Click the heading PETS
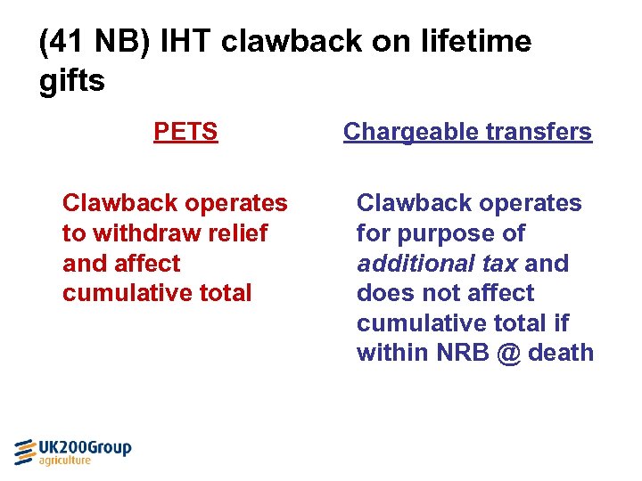185,132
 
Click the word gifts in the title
72,81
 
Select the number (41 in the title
61,41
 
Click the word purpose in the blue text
447,233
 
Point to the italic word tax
497,264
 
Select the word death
561,353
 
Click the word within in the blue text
391,353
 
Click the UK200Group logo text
86,447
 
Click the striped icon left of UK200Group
25,452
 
